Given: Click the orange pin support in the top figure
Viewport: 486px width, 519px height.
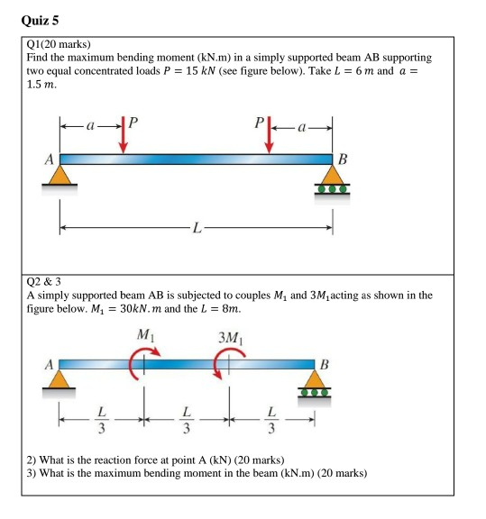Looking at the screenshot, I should point(60,178).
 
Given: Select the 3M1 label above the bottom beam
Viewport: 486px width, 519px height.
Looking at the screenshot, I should point(228,338).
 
